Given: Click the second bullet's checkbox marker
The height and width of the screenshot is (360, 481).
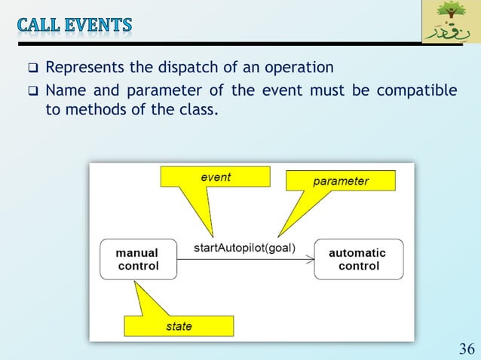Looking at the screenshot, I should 32,92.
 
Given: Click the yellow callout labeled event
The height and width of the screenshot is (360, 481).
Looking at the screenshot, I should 215,177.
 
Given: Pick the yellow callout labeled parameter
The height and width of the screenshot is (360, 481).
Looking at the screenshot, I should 340,181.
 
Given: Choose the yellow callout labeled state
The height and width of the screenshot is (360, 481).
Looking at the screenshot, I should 179,325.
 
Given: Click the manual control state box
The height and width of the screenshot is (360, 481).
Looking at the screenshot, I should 139,260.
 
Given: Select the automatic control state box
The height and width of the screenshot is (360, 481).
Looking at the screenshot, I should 358,260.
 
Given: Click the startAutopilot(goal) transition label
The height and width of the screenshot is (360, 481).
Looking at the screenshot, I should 244,247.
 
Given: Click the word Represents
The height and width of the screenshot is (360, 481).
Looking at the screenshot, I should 84,69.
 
